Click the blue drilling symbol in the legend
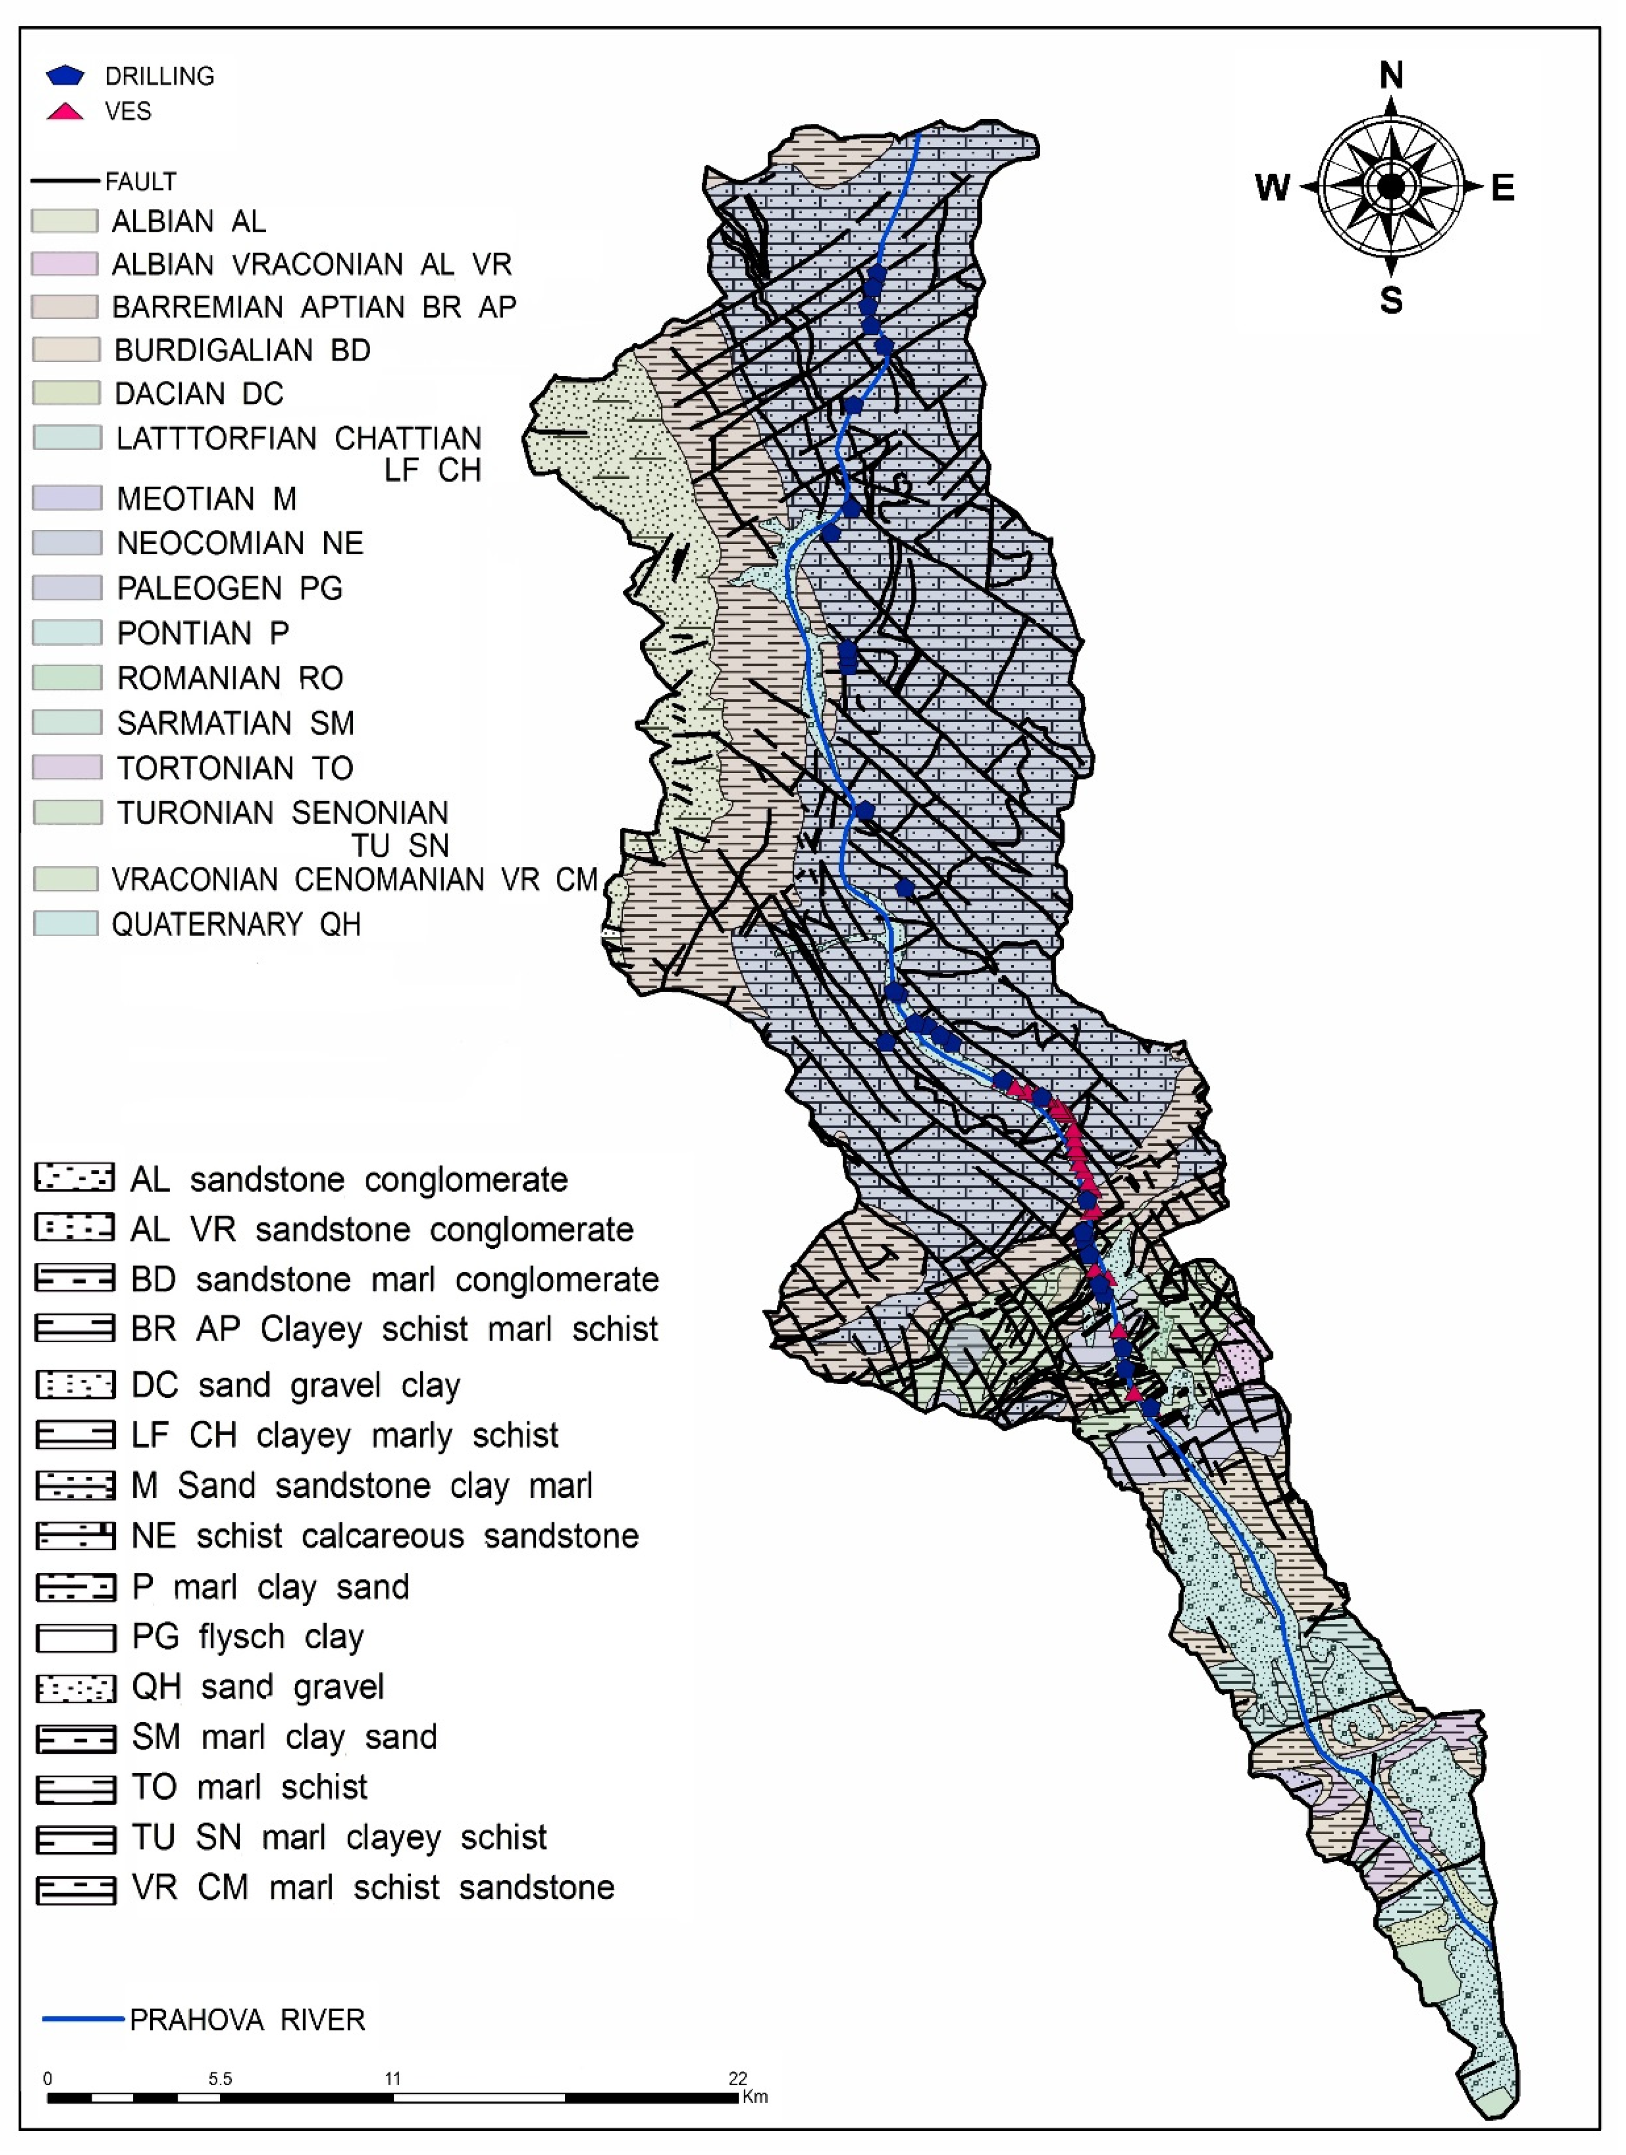point(65,75)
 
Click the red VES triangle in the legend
point(65,111)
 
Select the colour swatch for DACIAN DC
point(65,393)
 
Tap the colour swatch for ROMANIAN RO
point(66,677)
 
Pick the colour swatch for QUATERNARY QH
point(65,923)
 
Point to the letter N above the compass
point(1391,75)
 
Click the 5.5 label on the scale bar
point(220,2078)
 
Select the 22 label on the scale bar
point(738,2078)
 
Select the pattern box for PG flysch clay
point(75,1638)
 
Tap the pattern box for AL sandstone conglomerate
point(75,1178)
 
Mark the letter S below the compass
point(1391,300)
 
